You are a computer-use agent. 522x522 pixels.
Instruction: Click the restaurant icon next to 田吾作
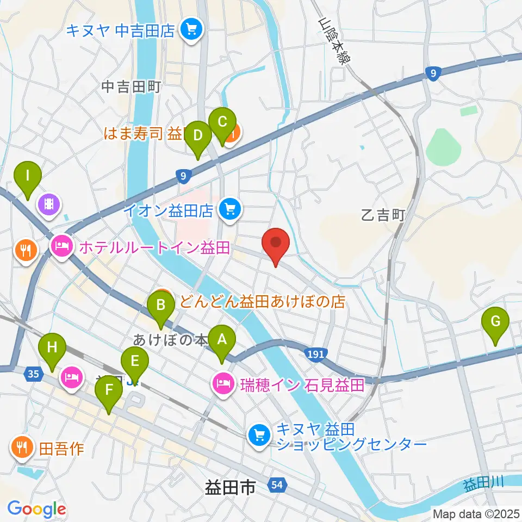[x=22, y=448]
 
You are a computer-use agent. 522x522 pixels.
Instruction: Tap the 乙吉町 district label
[x=383, y=215]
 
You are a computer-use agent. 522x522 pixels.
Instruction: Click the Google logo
[x=36, y=509]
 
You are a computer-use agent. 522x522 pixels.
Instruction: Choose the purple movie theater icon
[x=49, y=204]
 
